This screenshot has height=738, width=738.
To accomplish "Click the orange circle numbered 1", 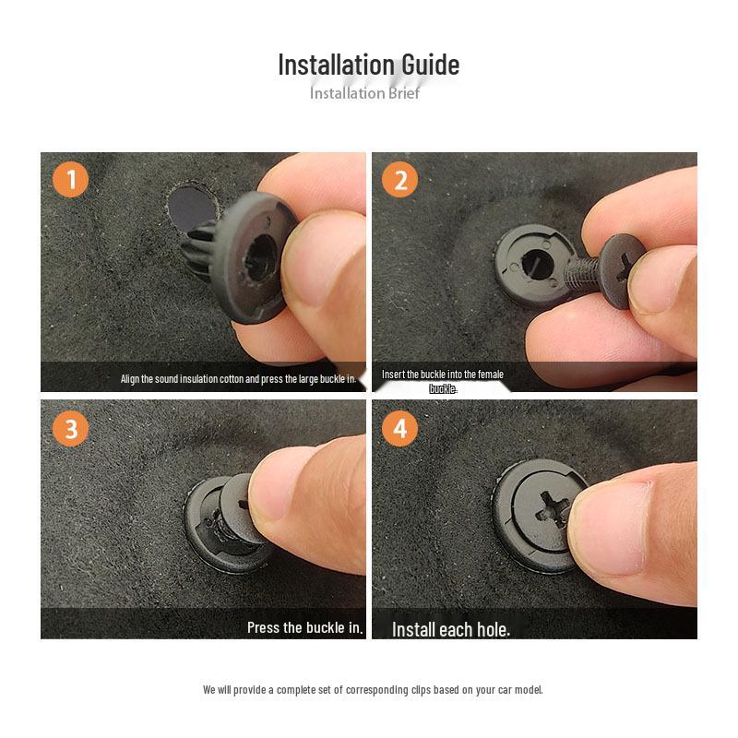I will (70, 179).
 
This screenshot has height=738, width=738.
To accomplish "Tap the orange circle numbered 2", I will (399, 179).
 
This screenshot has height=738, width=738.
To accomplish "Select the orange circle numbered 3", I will (70, 428).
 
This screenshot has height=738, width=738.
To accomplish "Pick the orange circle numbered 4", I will (399, 428).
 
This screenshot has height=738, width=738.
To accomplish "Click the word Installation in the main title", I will (336, 65).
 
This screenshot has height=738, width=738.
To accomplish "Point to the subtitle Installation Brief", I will (364, 93).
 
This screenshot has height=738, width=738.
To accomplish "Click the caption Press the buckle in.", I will (304, 627).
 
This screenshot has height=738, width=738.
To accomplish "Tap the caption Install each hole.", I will (450, 629).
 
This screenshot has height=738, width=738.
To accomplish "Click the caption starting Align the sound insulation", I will (238, 379).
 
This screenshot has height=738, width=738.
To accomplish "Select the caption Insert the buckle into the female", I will (443, 375).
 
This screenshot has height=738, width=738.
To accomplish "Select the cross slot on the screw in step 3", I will (235, 504).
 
